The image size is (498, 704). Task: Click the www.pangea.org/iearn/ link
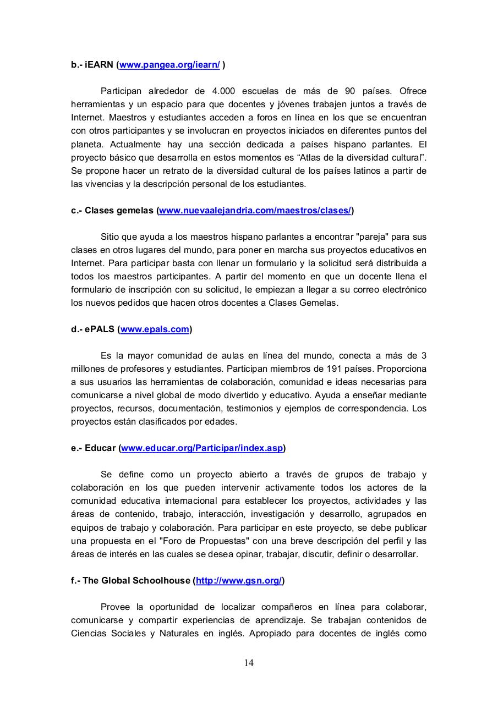(x=169, y=65)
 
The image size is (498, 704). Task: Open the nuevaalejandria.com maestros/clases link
(x=255, y=211)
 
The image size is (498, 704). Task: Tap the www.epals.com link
(x=155, y=329)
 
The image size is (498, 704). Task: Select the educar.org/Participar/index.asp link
(x=202, y=448)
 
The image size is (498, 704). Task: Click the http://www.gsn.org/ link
(x=239, y=581)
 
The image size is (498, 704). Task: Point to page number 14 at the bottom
(x=249, y=663)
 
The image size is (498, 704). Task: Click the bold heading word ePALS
(x=100, y=329)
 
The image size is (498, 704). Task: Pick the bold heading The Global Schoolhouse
(x=136, y=581)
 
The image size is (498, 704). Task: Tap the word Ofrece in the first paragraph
(x=413, y=91)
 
